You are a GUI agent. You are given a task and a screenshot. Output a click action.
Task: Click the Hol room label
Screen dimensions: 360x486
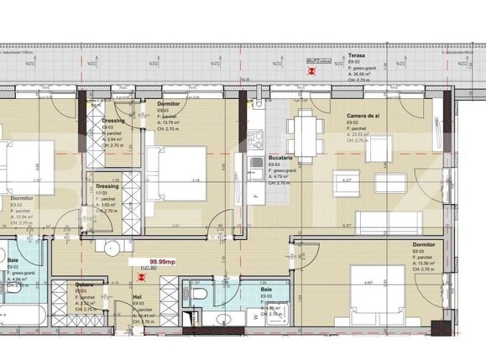tap(137, 295)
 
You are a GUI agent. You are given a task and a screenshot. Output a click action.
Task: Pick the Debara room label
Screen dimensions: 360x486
tap(84, 284)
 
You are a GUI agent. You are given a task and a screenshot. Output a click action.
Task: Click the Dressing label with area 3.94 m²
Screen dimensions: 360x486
tap(113, 120)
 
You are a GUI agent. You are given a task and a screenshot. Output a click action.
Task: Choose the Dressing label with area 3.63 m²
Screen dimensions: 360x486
tap(107, 185)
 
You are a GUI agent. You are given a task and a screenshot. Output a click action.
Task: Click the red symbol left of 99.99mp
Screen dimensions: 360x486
tap(129, 262)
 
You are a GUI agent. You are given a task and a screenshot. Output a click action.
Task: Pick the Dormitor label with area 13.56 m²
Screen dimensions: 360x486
tap(424, 244)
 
